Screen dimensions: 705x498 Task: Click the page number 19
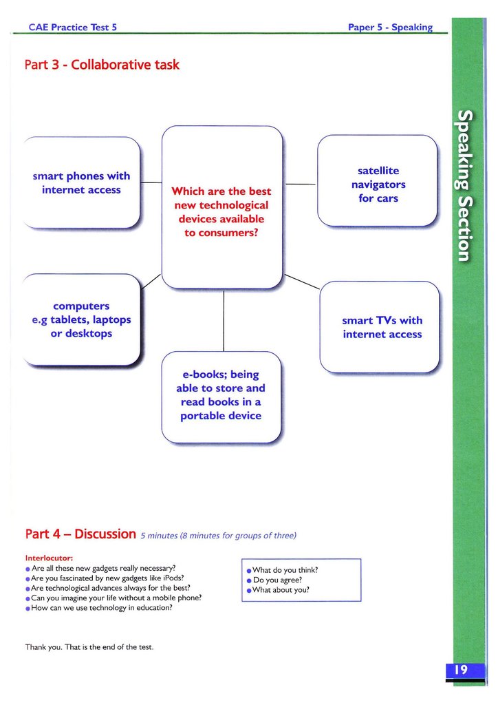pos(459,670)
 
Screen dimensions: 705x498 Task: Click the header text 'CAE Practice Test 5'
pos(73,28)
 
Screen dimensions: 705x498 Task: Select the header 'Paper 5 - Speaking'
pos(390,28)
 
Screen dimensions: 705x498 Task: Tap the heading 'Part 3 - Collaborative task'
pos(102,65)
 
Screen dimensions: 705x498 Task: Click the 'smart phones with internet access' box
pos(81,183)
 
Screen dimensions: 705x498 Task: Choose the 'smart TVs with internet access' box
pos(382,327)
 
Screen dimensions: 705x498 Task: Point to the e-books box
pos(221,396)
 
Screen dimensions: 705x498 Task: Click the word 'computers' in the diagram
pos(81,306)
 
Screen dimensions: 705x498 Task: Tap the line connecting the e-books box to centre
pos(223,320)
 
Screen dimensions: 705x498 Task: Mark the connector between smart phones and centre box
pos(151,182)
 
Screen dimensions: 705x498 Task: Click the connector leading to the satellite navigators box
pos(300,184)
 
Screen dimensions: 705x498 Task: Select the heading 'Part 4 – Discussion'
pos(80,534)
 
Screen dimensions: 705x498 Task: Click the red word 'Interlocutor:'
pos(49,558)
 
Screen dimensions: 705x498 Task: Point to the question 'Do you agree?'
pos(278,580)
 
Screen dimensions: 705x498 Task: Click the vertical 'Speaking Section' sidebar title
pos(466,185)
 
